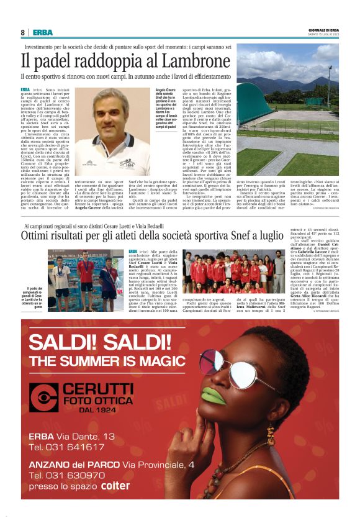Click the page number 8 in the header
click(23, 32)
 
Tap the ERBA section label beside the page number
click(43, 32)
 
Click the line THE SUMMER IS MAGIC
click(102, 360)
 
